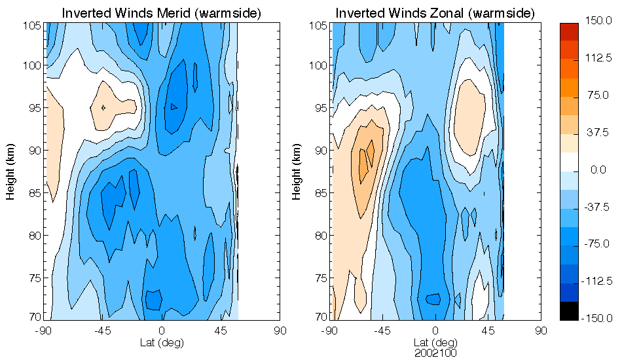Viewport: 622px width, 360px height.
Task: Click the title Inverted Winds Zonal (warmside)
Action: click(435, 13)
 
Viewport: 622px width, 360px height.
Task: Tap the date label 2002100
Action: click(435, 353)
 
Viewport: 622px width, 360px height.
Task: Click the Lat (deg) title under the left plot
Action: click(162, 342)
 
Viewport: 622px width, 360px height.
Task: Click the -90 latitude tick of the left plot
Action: click(45, 331)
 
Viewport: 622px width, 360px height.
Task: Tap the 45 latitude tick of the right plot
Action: click(488, 331)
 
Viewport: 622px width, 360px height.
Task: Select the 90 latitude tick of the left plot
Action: click(280, 331)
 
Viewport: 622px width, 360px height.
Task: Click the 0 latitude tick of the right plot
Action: click(435, 331)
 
